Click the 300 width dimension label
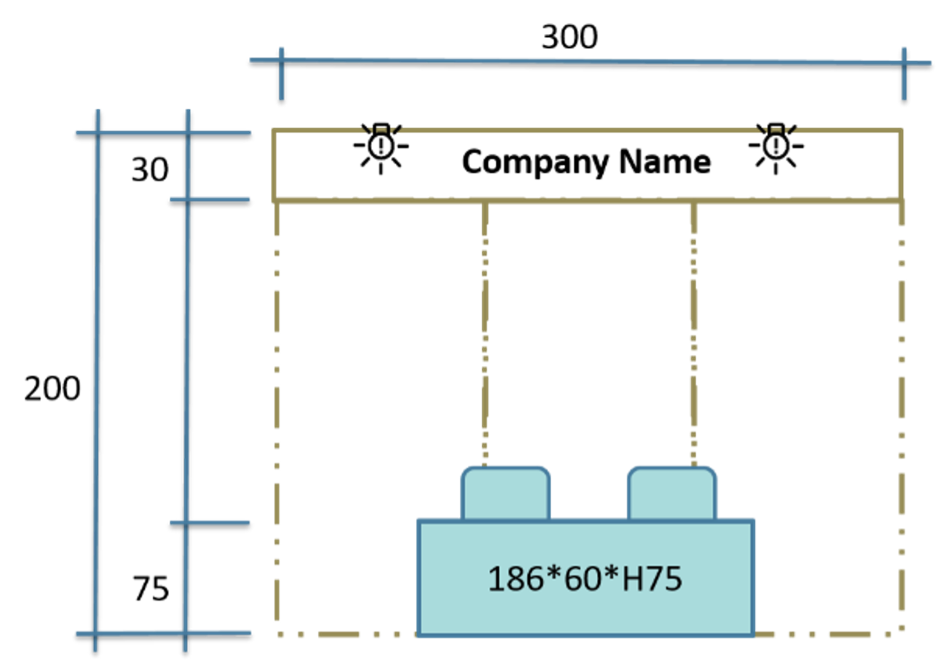tap(570, 37)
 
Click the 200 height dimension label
tap(52, 388)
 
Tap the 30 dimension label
tap(150, 170)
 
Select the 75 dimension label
tap(150, 589)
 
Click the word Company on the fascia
tap(535, 163)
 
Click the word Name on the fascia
tap(665, 161)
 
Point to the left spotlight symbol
tap(381, 148)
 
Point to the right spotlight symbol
tap(776, 148)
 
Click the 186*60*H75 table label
tap(585, 578)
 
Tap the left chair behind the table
tap(505, 493)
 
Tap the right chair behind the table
tap(672, 493)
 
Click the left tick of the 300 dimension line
tap(282, 74)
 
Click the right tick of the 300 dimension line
tap(904, 74)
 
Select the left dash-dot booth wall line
tap(276, 417)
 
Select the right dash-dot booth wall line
tap(901, 417)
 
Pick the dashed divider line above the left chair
tap(485, 335)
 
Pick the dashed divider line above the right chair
tap(694, 335)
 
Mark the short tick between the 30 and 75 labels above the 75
tap(210, 523)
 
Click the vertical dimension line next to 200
tap(96, 381)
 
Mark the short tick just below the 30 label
tap(210, 200)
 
